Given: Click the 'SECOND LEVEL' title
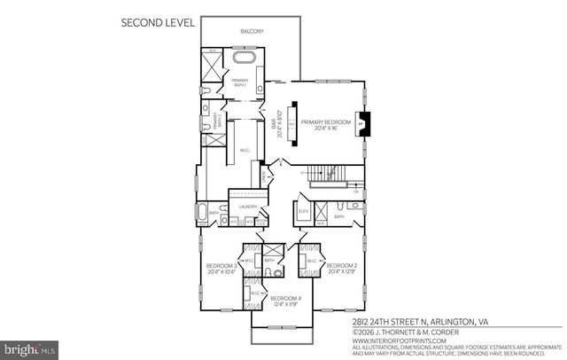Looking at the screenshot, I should click(x=160, y=24).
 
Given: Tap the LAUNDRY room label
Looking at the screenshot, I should click(x=248, y=207).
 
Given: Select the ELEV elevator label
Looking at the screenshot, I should click(x=303, y=212).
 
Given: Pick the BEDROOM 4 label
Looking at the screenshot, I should click(x=284, y=300).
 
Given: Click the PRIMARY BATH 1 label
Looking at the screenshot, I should click(x=238, y=83).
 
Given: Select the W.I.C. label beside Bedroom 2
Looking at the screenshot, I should click(x=312, y=262).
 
